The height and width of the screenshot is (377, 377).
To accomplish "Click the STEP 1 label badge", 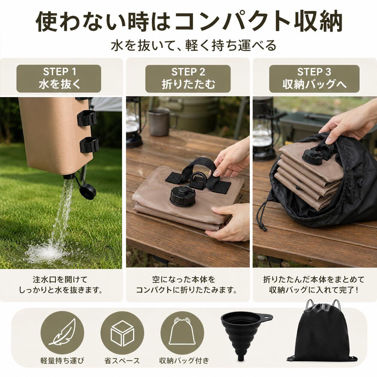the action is click(59, 78).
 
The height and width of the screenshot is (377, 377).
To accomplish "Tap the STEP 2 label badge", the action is click(188, 79).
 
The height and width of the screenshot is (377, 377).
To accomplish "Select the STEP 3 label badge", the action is click(314, 79).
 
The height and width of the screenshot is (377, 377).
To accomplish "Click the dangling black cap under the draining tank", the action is click(88, 192).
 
